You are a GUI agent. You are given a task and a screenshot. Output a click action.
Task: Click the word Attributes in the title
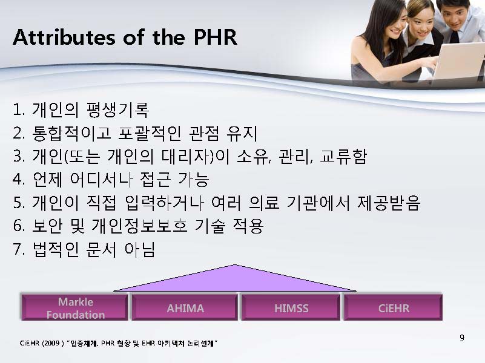(x=64, y=38)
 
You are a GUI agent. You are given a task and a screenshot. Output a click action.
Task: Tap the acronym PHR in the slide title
(x=216, y=38)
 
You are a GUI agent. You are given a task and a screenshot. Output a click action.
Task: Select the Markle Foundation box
(x=74, y=307)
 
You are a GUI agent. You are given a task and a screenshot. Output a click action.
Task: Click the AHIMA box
(x=185, y=307)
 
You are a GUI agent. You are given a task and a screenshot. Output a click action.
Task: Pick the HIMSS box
(x=291, y=307)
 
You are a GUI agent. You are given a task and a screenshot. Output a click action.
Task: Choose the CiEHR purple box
(x=393, y=307)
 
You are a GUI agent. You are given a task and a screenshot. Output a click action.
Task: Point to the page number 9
(x=462, y=338)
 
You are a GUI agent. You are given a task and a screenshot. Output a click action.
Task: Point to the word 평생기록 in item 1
(x=117, y=110)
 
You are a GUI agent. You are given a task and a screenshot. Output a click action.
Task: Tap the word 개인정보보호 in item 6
(x=139, y=226)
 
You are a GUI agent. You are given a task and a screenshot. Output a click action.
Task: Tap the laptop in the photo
(x=458, y=60)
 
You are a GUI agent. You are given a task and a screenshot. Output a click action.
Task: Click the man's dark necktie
(x=454, y=36)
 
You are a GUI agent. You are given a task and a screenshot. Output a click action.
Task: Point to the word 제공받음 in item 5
(x=389, y=203)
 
